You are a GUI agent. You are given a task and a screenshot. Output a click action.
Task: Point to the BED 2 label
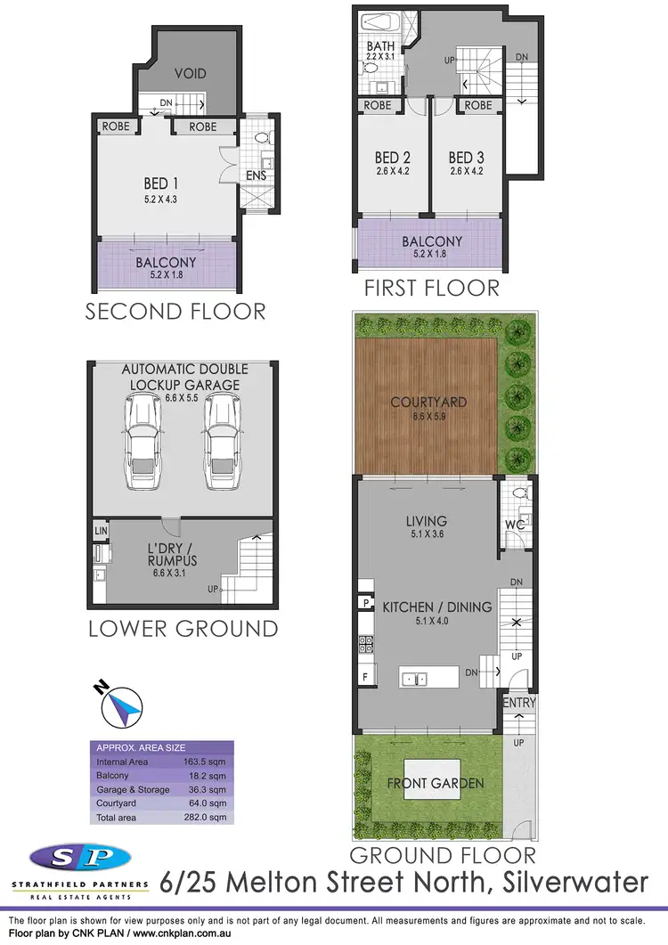[392, 159]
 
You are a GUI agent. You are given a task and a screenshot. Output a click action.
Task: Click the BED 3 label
[466, 159]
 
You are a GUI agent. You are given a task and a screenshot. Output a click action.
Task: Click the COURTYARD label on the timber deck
[428, 403]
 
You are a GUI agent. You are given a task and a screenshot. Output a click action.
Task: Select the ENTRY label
[519, 704]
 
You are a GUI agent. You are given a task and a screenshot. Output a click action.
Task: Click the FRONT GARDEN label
[435, 783]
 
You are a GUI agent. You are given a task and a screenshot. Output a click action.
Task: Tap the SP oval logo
[83, 859]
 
